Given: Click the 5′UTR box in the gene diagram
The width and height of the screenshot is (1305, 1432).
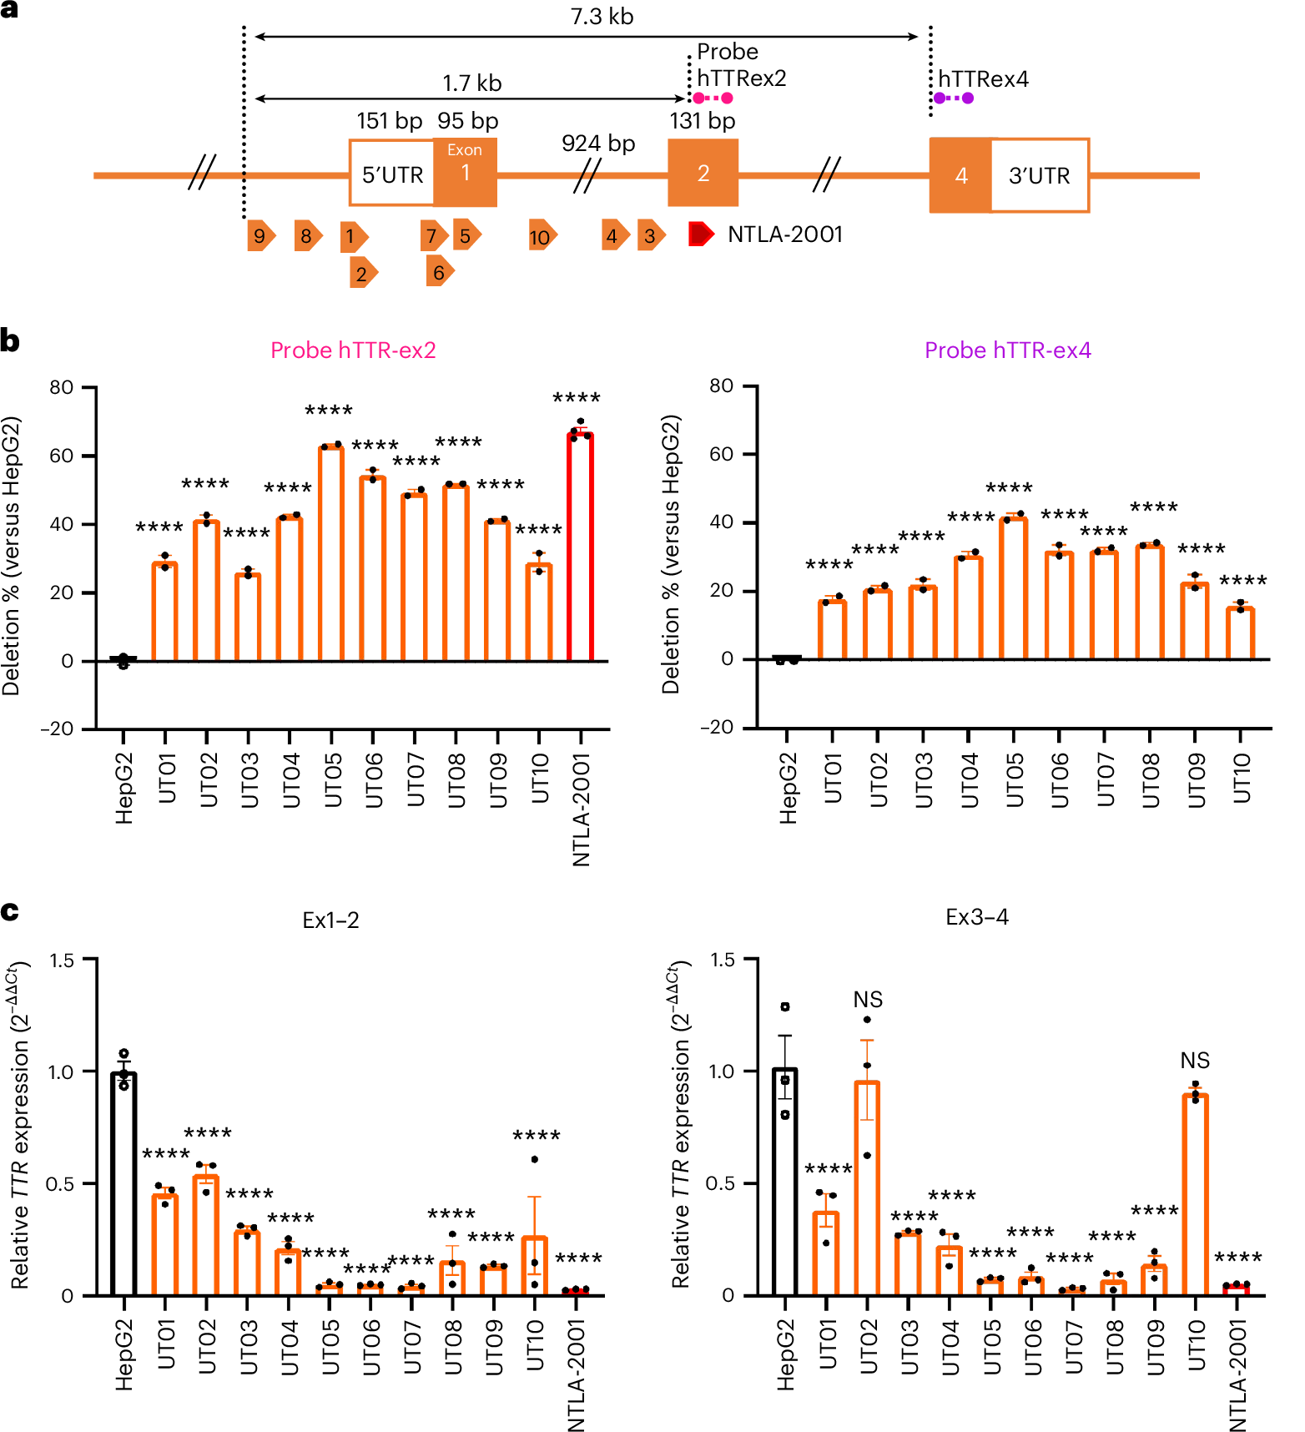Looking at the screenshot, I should (x=391, y=174).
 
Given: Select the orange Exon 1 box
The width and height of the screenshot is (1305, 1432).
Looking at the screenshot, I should (x=466, y=172).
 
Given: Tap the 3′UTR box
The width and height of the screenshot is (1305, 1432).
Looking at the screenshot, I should (x=1039, y=175).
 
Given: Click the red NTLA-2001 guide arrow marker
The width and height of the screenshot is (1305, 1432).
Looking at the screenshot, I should (x=700, y=234).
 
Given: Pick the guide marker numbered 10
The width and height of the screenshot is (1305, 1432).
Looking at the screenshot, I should (x=542, y=237).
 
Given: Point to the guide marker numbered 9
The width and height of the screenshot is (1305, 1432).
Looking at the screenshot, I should (x=260, y=236).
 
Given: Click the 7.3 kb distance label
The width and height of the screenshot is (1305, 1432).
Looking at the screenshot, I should (x=602, y=17).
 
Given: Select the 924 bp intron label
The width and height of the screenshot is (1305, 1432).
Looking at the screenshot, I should (x=598, y=144).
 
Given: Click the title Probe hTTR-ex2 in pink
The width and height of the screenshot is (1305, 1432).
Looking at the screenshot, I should (x=353, y=350).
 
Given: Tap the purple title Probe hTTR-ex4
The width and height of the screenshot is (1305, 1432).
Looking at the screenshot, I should (x=1007, y=350).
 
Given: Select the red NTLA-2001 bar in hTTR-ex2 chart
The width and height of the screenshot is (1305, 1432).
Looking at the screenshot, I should (x=580, y=547).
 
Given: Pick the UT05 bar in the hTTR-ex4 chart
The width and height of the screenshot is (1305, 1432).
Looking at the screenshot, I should (x=1013, y=588).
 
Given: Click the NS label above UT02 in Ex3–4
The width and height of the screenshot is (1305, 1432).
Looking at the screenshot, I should (x=868, y=1000).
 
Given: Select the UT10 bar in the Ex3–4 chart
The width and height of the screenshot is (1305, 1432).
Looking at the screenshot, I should (x=1195, y=1194).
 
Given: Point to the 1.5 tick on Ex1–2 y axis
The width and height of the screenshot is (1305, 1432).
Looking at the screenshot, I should (x=62, y=961).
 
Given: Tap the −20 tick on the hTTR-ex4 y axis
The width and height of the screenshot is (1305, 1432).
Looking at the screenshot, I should (x=718, y=728).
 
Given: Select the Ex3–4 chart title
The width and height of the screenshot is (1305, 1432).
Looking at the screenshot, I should (x=976, y=918).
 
